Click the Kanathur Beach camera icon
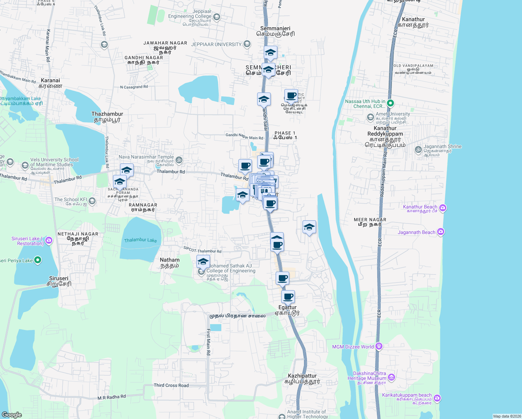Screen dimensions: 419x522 pyautogui.click(x=443, y=208)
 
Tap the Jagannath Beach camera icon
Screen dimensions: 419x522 pyautogui.click(x=441, y=232)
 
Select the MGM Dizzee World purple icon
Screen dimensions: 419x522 pyautogui.click(x=379, y=346)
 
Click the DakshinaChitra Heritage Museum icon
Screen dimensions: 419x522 pyautogui.click(x=391, y=377)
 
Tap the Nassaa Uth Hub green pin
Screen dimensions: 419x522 pyautogui.click(x=390, y=103)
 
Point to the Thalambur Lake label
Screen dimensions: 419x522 pyautogui.click(x=141, y=240)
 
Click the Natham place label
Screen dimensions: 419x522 pyautogui.click(x=170, y=260)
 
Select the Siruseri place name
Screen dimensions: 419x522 pyautogui.click(x=59, y=278)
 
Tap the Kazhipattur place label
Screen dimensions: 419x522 pyautogui.click(x=302, y=376)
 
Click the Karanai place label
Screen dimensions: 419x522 pyautogui.click(x=50, y=80)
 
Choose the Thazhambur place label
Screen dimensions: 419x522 pyautogui.click(x=107, y=114)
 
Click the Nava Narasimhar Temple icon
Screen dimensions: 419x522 pyautogui.click(x=179, y=160)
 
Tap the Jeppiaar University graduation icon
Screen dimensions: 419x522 pyautogui.click(x=247, y=44)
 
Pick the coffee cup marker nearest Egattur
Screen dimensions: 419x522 pyautogui.click(x=288, y=297)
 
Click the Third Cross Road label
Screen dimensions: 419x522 pyautogui.click(x=171, y=385)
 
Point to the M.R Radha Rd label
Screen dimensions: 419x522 pyautogui.click(x=112, y=397)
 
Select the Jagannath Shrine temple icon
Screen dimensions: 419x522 pyautogui.click(x=418, y=150)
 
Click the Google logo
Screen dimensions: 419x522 pyautogui.click(x=12, y=415)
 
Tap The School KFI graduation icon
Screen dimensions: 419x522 pyautogui.click(x=92, y=201)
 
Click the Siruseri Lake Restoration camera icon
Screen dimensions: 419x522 pyautogui.click(x=49, y=240)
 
